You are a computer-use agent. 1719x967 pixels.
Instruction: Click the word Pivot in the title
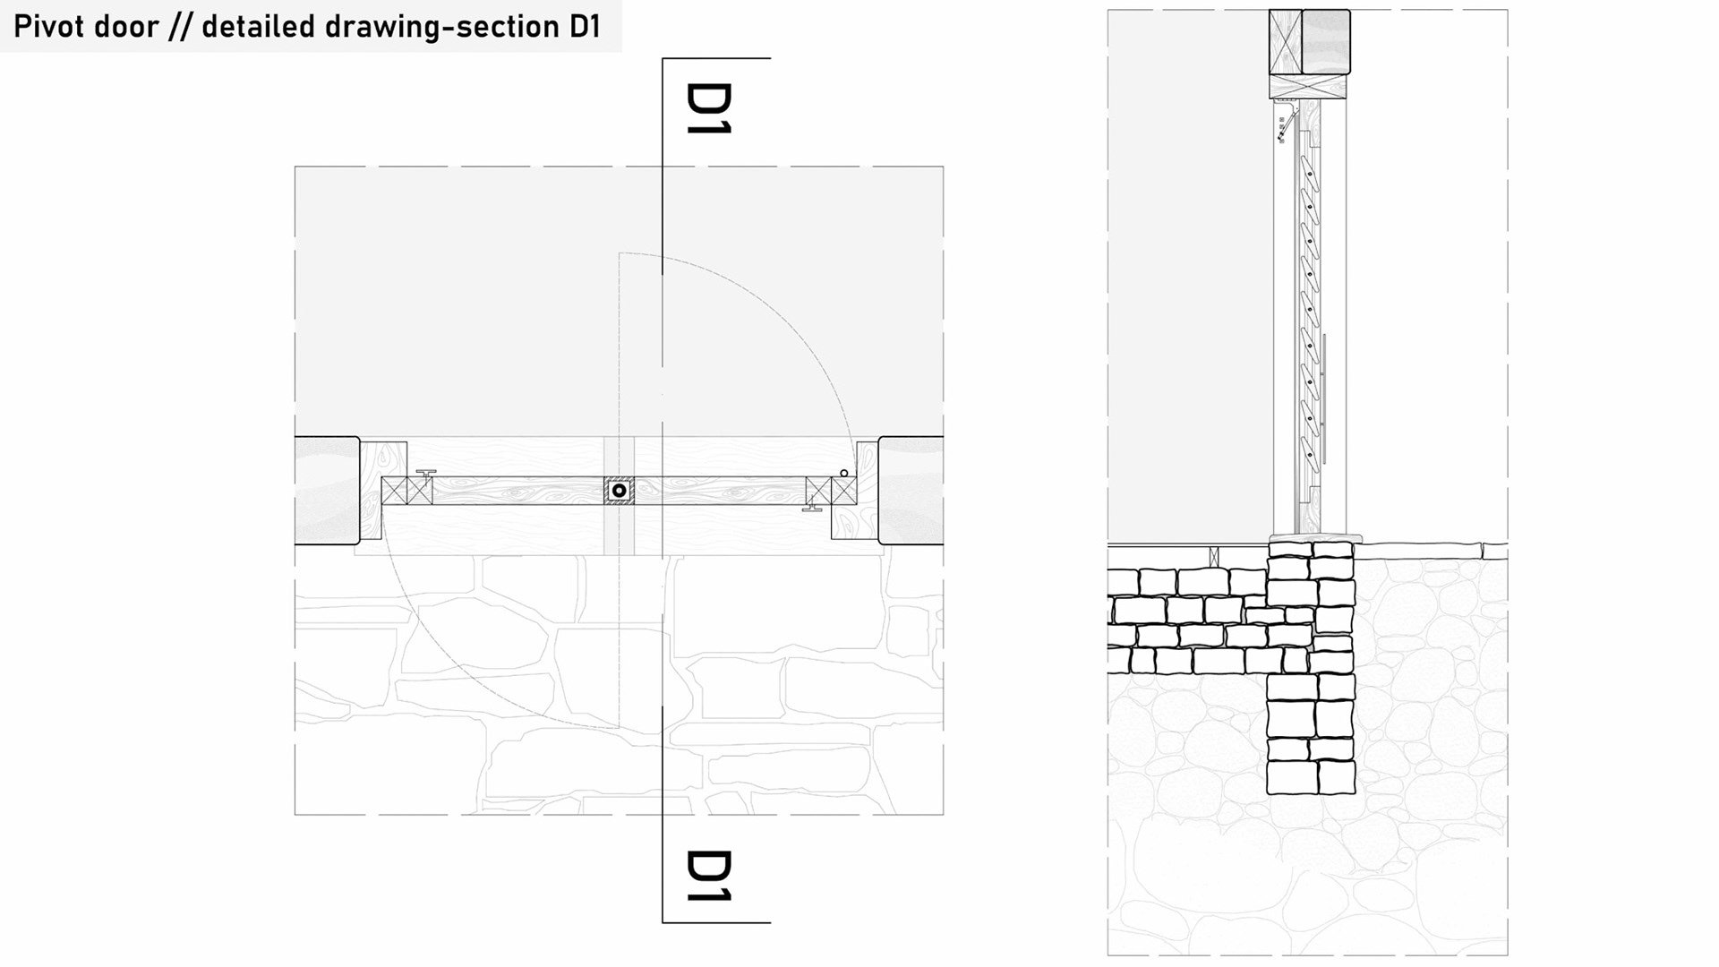click(x=49, y=27)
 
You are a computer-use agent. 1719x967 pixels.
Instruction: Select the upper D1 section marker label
click(x=709, y=108)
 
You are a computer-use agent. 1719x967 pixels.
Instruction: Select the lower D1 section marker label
click(x=709, y=876)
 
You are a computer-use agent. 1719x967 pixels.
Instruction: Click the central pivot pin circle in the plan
click(x=619, y=491)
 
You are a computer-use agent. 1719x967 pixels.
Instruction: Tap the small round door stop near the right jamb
click(x=843, y=473)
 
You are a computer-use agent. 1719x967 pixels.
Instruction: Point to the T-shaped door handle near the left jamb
click(x=426, y=473)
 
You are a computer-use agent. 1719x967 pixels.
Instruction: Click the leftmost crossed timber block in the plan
click(x=394, y=491)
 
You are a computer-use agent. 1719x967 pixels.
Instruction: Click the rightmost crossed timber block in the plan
click(x=843, y=491)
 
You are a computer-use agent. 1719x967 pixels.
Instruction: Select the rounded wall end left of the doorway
click(x=328, y=491)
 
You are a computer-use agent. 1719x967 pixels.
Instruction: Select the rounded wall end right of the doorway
click(x=911, y=491)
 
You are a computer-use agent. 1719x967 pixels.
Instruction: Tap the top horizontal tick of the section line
click(x=716, y=58)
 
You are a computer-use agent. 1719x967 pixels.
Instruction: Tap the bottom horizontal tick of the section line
click(x=716, y=922)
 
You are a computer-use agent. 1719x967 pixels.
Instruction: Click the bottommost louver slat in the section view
click(x=1309, y=453)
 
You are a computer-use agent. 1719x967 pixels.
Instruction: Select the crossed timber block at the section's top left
click(x=1285, y=42)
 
